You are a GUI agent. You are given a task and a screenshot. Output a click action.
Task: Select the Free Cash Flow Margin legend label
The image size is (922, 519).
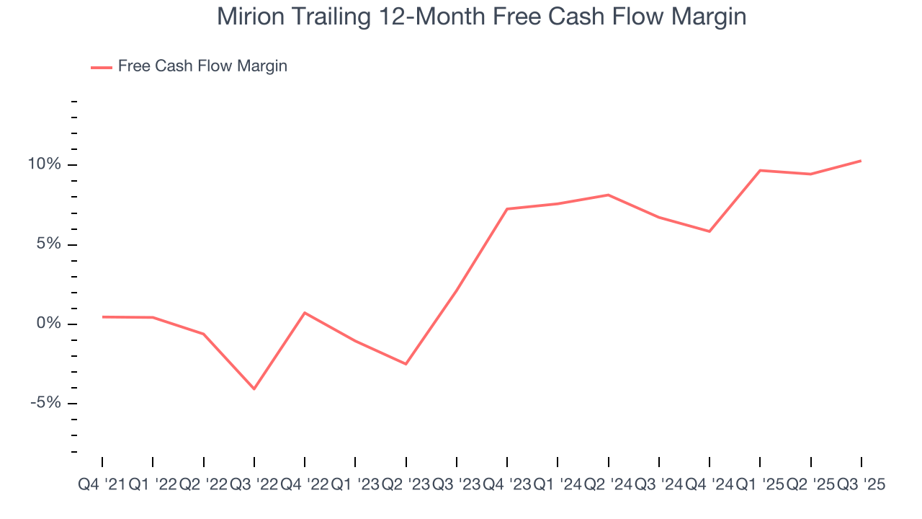[x=202, y=66]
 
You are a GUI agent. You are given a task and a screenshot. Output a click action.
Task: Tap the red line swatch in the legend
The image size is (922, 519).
[x=101, y=67]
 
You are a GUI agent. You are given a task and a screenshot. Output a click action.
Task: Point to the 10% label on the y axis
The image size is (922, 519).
[x=45, y=164]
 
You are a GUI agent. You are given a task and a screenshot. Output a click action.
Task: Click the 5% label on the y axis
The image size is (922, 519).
[x=49, y=244]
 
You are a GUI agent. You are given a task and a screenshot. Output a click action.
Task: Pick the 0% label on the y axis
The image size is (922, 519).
[x=49, y=324]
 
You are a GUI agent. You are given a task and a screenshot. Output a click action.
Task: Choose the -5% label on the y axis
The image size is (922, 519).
[x=46, y=403]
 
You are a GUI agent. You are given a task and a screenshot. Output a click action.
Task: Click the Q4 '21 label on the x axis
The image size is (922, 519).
[x=102, y=486]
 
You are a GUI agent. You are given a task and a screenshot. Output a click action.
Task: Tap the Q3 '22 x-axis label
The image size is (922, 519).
[x=254, y=486]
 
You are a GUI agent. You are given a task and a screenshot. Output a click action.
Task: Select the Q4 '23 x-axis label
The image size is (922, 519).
[x=507, y=486]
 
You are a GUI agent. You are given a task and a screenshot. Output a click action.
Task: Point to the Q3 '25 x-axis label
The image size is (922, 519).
[x=861, y=486]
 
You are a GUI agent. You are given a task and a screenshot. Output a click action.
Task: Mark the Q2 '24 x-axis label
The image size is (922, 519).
[x=609, y=486]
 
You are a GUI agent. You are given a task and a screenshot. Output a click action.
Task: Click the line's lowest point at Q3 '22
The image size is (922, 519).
[x=254, y=389]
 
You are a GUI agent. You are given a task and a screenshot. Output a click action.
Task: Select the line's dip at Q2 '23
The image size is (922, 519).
[x=406, y=364]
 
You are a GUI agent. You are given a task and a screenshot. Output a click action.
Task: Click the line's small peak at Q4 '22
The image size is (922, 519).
[x=305, y=313]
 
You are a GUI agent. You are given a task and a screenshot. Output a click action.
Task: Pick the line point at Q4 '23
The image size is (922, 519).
[x=507, y=209]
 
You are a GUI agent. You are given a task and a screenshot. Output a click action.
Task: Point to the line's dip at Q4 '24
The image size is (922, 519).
[x=710, y=231]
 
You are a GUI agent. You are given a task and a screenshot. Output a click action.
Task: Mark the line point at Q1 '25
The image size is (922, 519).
[x=760, y=170]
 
